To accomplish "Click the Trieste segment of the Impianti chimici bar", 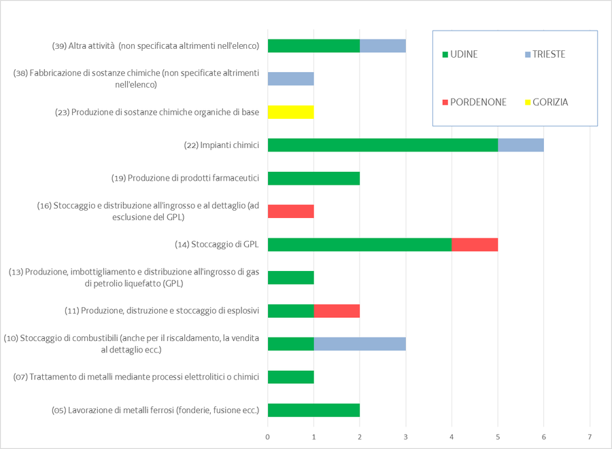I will (x=521, y=145).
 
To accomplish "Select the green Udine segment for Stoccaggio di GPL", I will (x=360, y=245).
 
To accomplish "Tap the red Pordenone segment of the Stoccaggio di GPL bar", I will (x=475, y=245).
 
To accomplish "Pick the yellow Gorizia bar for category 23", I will (x=291, y=111).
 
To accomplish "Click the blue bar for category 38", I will (x=291, y=79).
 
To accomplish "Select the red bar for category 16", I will (x=291, y=211).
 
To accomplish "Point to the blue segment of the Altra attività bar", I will (x=383, y=46).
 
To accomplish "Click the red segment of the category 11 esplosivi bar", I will (x=337, y=311).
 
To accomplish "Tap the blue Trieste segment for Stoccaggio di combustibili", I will (x=360, y=344).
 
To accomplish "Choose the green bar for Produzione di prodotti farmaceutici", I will (x=313, y=178).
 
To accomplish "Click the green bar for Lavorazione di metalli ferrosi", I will (x=313, y=410).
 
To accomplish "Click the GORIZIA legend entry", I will (x=546, y=103).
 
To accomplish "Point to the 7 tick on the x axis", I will (x=590, y=436).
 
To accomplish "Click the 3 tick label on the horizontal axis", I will (x=406, y=436).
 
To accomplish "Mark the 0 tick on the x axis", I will (x=268, y=436).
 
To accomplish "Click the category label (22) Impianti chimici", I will (x=222, y=145).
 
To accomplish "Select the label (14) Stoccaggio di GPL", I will (x=217, y=245).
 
